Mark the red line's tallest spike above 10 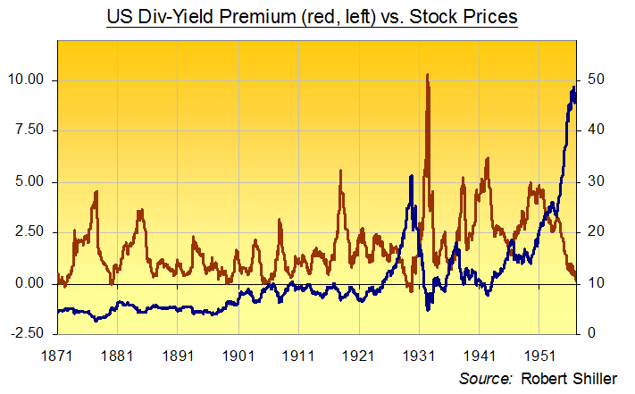[x=428, y=76]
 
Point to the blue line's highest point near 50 [x=572, y=87]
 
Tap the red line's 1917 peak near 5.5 [x=340, y=172]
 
